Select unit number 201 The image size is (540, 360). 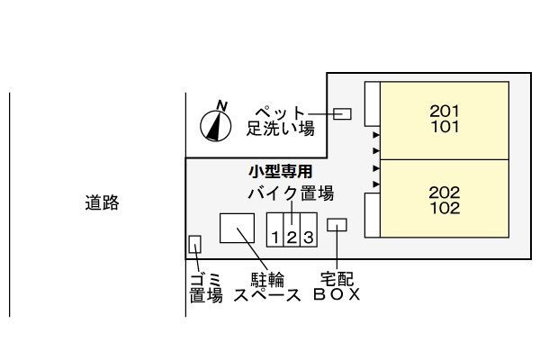tap(445, 112)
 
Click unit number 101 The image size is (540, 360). tap(445, 127)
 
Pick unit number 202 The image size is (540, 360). tap(445, 192)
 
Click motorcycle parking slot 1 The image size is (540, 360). tap(275, 238)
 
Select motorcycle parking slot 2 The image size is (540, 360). tap(292, 238)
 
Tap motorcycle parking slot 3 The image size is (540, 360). tap(308, 238)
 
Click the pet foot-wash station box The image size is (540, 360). tap(342, 113)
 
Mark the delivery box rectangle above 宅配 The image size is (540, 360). tap(337, 225)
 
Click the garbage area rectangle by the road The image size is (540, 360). tap(194, 244)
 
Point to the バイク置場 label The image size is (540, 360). tap(290, 193)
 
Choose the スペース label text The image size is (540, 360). tap(266, 294)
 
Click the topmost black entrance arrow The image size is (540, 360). tap(376, 135)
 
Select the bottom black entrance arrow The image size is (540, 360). tap(376, 184)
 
